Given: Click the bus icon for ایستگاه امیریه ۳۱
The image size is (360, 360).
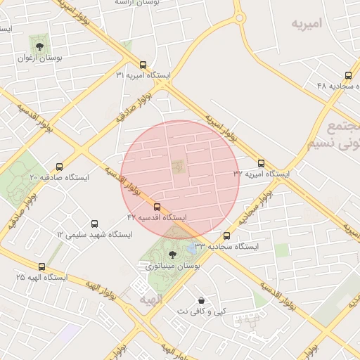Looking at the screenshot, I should pyautogui.click(x=143, y=64).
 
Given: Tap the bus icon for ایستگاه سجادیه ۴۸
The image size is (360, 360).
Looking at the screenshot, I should pyautogui.click(x=348, y=75).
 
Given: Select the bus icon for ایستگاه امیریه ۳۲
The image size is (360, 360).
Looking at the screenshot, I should pyautogui.click(x=262, y=162).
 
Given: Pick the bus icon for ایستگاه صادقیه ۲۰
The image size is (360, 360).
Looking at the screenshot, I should pyautogui.click(x=59, y=167).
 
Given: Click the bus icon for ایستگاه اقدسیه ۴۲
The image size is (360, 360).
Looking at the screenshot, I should pyautogui.click(x=157, y=207).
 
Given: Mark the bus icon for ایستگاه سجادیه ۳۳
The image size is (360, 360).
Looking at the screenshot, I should pyautogui.click(x=226, y=236).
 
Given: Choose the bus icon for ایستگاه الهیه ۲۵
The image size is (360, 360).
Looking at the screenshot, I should pyautogui.click(x=42, y=267).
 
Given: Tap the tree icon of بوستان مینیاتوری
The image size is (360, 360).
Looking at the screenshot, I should pyautogui.click(x=173, y=255).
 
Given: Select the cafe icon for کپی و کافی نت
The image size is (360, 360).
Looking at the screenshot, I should pyautogui.click(x=202, y=300).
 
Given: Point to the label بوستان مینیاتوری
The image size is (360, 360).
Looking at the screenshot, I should pyautogui.click(x=173, y=266).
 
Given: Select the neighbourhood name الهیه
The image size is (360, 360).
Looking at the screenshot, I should pyautogui.click(x=151, y=300).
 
